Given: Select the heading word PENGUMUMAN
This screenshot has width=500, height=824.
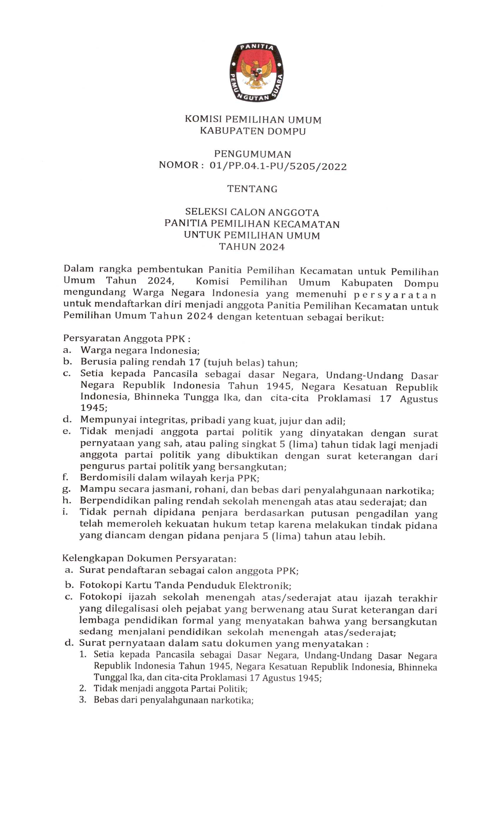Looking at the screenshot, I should (x=252, y=154).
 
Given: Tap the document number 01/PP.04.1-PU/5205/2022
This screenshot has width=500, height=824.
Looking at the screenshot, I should (x=278, y=166).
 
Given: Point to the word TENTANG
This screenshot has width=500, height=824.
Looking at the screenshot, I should (x=252, y=189).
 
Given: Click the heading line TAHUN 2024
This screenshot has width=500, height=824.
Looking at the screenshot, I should (x=252, y=247).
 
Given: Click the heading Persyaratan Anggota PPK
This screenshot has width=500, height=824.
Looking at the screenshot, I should (x=127, y=338).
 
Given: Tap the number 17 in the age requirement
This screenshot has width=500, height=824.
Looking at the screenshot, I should (x=194, y=362).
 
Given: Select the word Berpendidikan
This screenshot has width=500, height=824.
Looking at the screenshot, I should (x=113, y=501).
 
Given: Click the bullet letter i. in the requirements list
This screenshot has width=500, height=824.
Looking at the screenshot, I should (x=65, y=512).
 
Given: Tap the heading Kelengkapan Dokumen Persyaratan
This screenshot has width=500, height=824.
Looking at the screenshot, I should (x=149, y=559).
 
